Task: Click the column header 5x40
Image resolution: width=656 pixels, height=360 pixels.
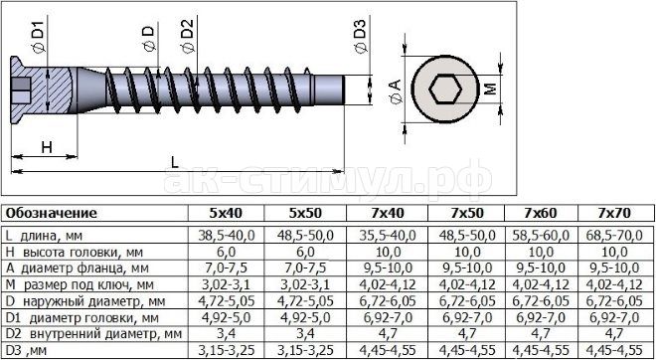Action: [226, 213]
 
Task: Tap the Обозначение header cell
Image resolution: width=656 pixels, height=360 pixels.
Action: [51, 214]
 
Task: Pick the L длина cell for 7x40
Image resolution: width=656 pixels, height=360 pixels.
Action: [388, 236]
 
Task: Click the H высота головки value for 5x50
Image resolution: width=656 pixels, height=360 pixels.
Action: [305, 252]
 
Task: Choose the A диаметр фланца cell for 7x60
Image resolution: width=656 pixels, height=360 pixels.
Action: [542, 268]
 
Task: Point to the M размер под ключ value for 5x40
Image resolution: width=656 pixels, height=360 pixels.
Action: [226, 284]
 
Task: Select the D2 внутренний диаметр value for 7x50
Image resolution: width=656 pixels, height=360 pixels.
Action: [466, 333]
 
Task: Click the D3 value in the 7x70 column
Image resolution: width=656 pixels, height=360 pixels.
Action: [614, 349]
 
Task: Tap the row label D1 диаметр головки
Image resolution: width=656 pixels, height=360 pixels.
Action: [82, 317]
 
